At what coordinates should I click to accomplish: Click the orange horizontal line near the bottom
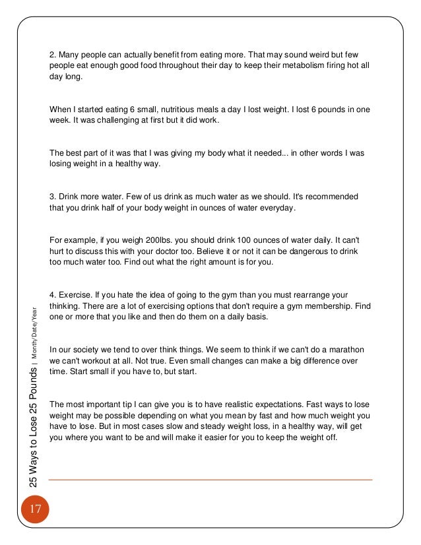tap(210, 480)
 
